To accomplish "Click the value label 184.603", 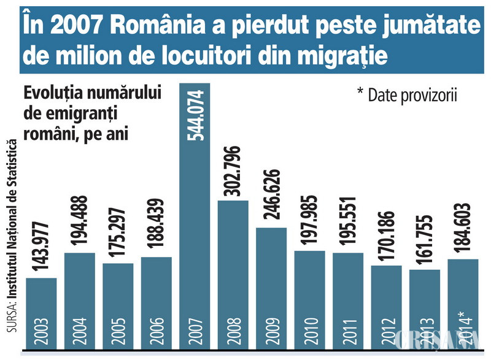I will click(463, 228).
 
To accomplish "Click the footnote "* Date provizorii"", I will click(408, 95).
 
